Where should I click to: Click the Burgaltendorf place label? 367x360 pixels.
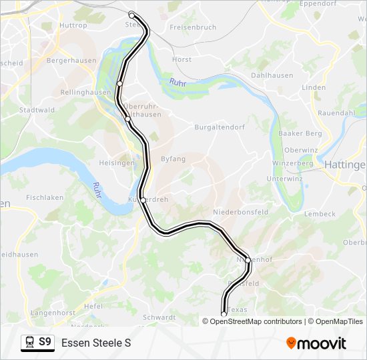(220, 127)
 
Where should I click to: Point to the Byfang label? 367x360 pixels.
(173, 159)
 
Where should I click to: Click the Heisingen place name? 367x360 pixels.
(117, 163)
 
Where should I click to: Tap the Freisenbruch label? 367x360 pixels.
(193, 27)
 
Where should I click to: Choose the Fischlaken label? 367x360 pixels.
(45, 197)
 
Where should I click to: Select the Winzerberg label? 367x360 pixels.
(292, 163)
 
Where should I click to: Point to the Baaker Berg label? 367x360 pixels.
(303, 133)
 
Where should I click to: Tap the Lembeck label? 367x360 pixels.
(320, 214)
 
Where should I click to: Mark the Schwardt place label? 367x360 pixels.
(159, 317)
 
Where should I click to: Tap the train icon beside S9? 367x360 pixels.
(29, 342)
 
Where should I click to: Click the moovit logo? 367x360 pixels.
(316, 343)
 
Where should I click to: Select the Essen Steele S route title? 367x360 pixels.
(95, 343)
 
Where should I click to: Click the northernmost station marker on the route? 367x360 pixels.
(131, 15)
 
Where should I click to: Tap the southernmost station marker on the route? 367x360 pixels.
(224, 314)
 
